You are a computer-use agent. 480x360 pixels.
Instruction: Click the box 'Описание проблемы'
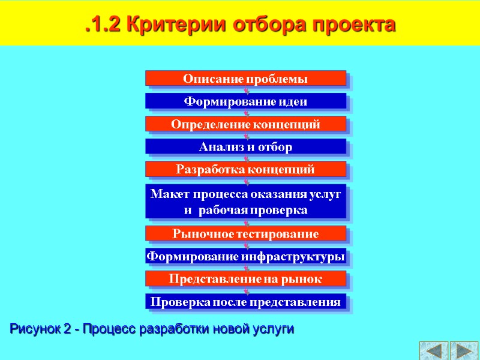pyautogui.click(x=245, y=79)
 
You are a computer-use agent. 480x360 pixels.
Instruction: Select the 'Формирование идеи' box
pyautogui.click(x=245, y=101)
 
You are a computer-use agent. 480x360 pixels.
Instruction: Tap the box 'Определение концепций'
pyautogui.click(x=245, y=124)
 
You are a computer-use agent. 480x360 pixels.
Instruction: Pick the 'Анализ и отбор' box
pyautogui.click(x=245, y=147)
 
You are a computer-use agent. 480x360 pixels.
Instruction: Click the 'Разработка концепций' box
pyautogui.click(x=245, y=169)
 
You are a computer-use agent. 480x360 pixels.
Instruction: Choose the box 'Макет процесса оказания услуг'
pyautogui.click(x=245, y=202)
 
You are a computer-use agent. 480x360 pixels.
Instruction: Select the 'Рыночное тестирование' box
pyautogui.click(x=245, y=233)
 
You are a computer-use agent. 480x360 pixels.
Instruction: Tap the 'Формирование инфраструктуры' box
pyautogui.click(x=245, y=257)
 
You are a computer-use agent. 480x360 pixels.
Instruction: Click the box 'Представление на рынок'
pyautogui.click(x=245, y=279)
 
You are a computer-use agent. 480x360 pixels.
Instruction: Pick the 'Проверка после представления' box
pyautogui.click(x=245, y=301)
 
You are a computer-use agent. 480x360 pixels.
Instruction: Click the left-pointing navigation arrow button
pyautogui.click(x=433, y=350)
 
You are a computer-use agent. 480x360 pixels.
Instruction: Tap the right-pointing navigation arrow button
pyautogui.click(x=463, y=350)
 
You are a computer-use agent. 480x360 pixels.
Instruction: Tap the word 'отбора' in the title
pyautogui.click(x=265, y=25)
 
